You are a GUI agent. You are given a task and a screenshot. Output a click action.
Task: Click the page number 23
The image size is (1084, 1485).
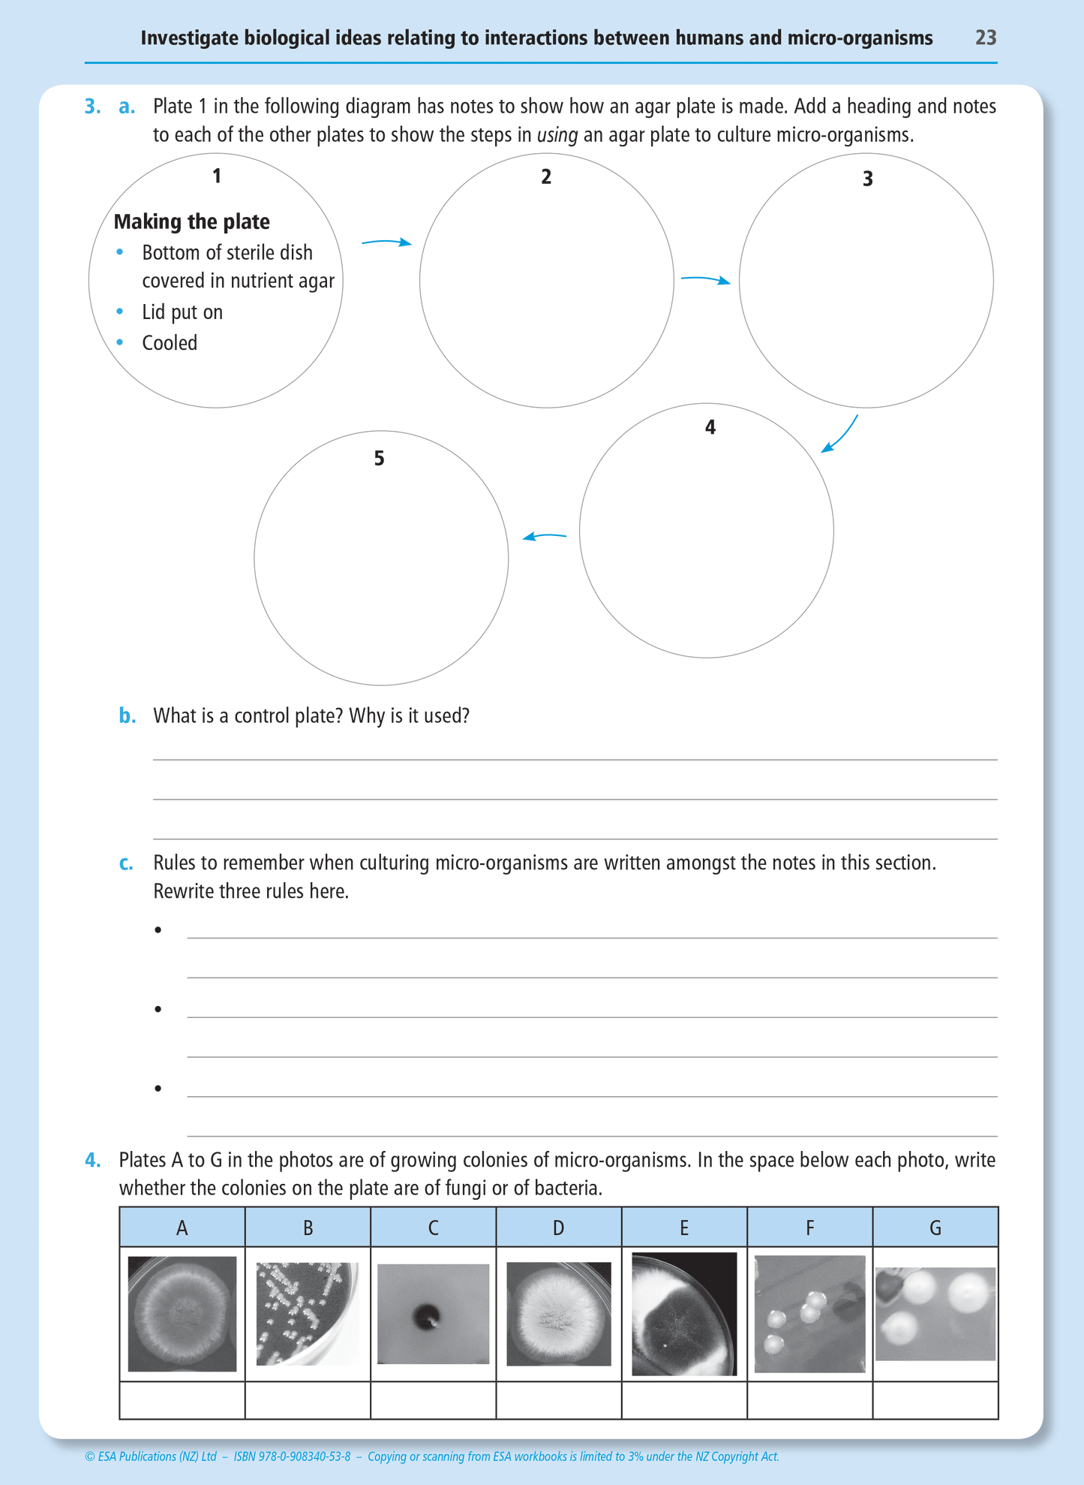[x=985, y=38]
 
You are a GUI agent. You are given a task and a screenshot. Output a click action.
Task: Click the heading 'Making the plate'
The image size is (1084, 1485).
[x=191, y=221]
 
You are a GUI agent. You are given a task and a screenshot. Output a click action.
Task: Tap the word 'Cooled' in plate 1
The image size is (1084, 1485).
[x=170, y=343]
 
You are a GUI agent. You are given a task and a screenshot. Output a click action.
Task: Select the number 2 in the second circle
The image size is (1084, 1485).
[x=546, y=177]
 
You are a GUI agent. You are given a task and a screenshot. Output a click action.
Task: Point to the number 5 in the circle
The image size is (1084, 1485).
[x=379, y=459]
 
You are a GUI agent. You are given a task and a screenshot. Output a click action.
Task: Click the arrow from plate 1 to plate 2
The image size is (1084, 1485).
[x=386, y=242]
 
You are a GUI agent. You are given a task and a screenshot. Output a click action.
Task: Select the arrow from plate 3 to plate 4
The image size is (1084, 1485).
[x=840, y=436]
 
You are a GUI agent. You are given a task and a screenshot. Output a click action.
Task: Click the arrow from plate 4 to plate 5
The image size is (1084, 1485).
[x=545, y=536]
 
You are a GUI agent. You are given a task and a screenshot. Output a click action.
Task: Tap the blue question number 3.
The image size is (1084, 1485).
[x=92, y=107]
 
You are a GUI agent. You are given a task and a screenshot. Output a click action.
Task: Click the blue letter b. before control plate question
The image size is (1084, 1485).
[x=127, y=716]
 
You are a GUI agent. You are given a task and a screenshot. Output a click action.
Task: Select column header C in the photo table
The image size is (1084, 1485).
[x=433, y=1227]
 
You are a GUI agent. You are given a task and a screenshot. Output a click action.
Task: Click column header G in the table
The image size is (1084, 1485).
[x=935, y=1227]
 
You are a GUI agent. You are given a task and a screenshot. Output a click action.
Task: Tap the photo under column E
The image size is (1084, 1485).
[x=684, y=1314]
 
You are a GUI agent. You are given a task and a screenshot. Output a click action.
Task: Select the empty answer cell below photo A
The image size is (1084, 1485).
[x=182, y=1400]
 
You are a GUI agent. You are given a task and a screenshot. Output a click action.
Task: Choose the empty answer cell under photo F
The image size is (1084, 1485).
[x=809, y=1400]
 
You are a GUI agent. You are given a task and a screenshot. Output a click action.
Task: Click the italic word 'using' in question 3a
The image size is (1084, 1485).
[x=557, y=136]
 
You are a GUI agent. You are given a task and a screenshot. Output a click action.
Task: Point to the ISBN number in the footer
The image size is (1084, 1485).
[x=292, y=1456]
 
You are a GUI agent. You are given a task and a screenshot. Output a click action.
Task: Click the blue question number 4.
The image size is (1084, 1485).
[x=92, y=1161]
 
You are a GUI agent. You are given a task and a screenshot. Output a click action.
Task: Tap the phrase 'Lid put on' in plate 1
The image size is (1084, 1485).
[x=182, y=312]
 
